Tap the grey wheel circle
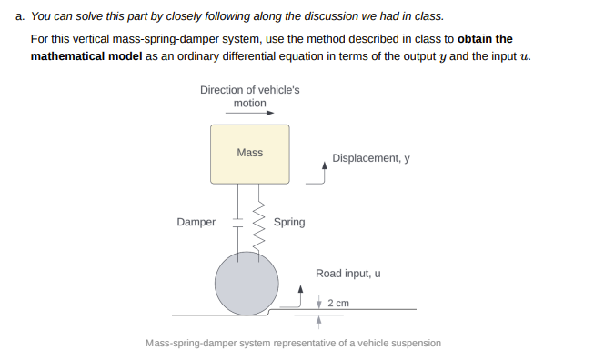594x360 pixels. coord(247,283)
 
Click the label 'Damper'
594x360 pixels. coord(196,222)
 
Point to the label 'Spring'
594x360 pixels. coord(289,222)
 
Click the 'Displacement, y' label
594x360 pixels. coord(371,157)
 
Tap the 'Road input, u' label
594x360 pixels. coord(348,273)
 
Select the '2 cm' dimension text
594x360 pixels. coord(338,303)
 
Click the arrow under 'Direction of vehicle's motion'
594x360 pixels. coord(249,115)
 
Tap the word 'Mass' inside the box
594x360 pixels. coord(249,153)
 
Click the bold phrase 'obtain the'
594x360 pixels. coord(485,39)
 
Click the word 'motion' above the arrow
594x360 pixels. coord(249,103)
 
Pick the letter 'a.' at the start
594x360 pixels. coord(21,16)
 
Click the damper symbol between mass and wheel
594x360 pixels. coord(238,221)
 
